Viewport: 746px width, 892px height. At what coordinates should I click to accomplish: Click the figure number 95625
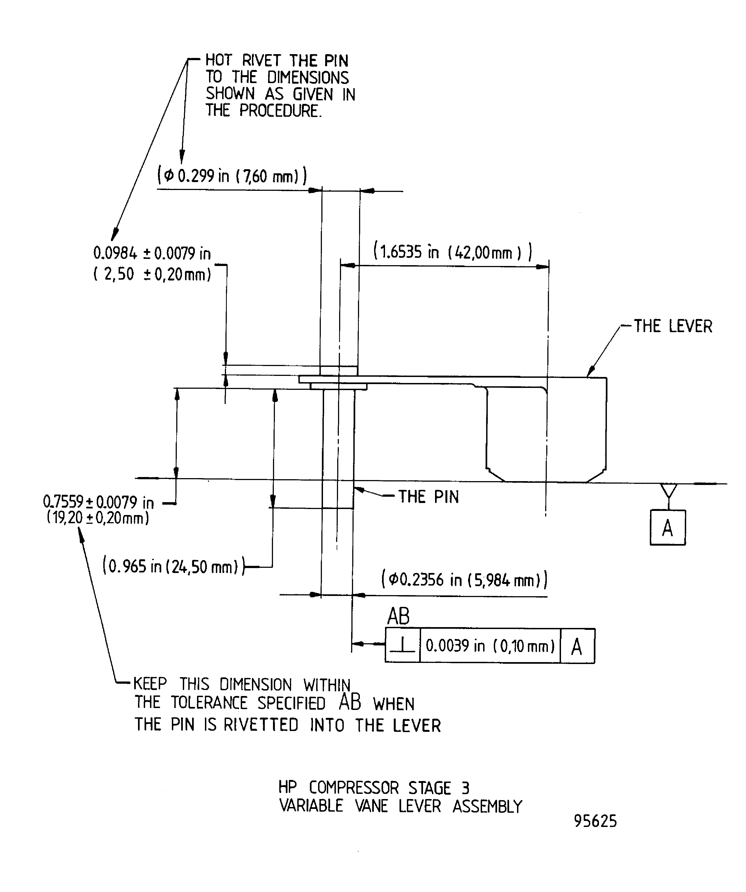pyautogui.click(x=595, y=821)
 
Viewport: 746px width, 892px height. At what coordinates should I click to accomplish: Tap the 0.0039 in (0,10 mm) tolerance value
pyautogui.click(x=490, y=646)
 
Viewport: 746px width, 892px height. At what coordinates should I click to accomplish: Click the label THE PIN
pyautogui.click(x=428, y=496)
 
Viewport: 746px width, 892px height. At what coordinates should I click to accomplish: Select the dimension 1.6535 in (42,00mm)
pyautogui.click(x=453, y=252)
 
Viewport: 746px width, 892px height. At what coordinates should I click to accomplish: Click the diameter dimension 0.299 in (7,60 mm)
pyautogui.click(x=232, y=176)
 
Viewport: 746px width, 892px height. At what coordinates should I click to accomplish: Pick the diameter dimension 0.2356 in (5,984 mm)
pyautogui.click(x=465, y=579)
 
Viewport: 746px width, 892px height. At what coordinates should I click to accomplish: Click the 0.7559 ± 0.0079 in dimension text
pyautogui.click(x=98, y=502)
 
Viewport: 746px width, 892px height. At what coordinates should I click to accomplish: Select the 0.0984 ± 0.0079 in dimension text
pyautogui.click(x=152, y=254)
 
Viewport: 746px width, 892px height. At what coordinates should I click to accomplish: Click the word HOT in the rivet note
pyautogui.click(x=218, y=61)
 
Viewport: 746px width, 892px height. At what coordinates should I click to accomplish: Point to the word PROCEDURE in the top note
pyautogui.click(x=280, y=111)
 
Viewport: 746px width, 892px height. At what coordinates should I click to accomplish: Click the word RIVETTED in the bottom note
pyautogui.click(x=261, y=725)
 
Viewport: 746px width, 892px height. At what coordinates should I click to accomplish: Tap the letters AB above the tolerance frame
pyautogui.click(x=398, y=616)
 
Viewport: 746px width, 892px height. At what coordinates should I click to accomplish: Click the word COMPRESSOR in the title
pyautogui.click(x=353, y=788)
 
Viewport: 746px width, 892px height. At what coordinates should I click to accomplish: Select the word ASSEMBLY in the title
pyautogui.click(x=487, y=806)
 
